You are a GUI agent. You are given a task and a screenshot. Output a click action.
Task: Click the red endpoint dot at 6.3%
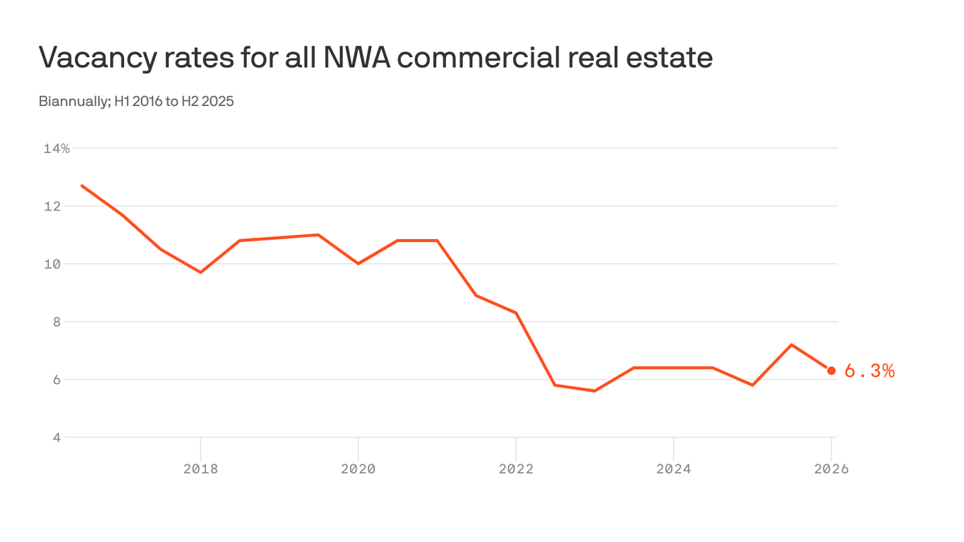click(x=831, y=371)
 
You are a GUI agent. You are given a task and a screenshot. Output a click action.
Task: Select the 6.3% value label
click(x=869, y=371)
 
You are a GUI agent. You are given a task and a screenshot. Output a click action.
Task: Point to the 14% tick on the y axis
click(x=56, y=148)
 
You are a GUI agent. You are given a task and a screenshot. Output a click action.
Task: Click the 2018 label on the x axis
click(x=200, y=469)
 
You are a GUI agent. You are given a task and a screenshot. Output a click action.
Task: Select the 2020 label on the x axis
click(x=359, y=469)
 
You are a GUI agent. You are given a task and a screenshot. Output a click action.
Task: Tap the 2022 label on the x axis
click(x=516, y=469)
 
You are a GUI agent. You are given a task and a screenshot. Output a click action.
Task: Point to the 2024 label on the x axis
click(x=673, y=469)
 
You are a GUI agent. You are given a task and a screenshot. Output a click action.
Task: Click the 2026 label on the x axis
click(x=831, y=469)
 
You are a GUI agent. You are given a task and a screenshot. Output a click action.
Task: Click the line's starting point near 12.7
click(x=82, y=186)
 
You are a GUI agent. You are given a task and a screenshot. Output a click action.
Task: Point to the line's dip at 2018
click(x=200, y=272)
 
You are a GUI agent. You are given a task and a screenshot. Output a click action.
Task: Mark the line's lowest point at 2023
click(x=594, y=391)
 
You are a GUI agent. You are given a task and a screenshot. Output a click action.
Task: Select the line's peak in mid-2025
click(x=792, y=344)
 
